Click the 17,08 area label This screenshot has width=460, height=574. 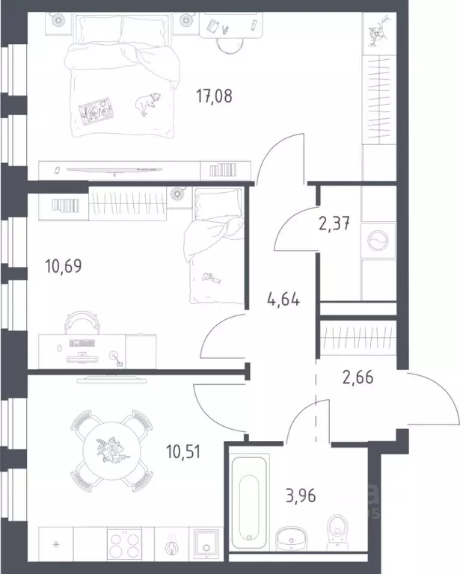coord(214,96)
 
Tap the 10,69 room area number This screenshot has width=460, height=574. coord(64,266)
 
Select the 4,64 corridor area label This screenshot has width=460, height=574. coord(283,300)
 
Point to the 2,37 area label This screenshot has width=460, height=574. coord(334,223)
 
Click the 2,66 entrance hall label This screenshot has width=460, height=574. coord(358,377)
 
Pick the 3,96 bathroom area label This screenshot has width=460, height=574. coord(301,496)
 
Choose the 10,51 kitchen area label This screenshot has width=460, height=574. coord(183,451)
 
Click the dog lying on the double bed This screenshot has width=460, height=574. coord(147,104)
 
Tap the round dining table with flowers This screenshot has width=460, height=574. coord(111,450)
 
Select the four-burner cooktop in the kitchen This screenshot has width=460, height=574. coord(124,544)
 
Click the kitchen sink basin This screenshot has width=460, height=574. coord(206,544)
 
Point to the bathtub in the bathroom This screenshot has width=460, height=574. coord(249,502)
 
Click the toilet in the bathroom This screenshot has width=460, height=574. coord(337,532)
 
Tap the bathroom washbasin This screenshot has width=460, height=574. coord(292,538)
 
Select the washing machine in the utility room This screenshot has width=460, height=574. coord(378,241)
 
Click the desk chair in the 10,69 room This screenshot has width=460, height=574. coord(82,322)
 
